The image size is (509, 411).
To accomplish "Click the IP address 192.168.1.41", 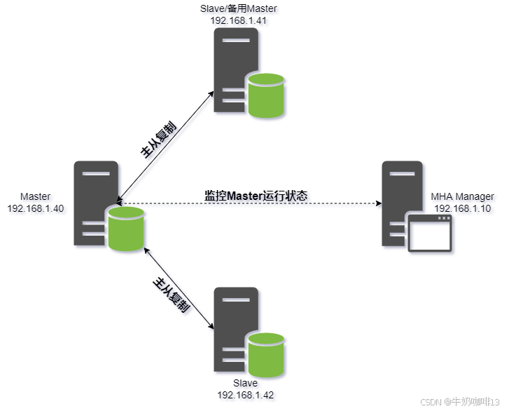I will (239, 20).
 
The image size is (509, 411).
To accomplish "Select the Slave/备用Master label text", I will (239, 8).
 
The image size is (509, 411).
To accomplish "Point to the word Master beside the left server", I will (35, 196).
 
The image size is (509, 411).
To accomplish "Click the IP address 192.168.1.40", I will (35, 208).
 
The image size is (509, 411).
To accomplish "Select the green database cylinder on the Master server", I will (126, 229).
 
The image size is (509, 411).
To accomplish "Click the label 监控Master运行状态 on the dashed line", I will (256, 196).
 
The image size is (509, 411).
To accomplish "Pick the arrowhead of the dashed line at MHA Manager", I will (378, 204).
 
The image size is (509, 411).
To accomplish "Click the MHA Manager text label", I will (463, 196).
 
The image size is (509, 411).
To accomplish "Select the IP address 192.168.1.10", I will (463, 208).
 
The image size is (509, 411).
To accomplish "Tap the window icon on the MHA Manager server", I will (431, 233).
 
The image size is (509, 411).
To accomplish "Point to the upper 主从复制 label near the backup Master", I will (158, 140).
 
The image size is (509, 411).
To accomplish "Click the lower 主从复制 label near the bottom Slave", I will (172, 295).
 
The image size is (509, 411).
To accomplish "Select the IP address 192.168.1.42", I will (245, 396).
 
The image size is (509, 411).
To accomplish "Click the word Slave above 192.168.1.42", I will (245, 384).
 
